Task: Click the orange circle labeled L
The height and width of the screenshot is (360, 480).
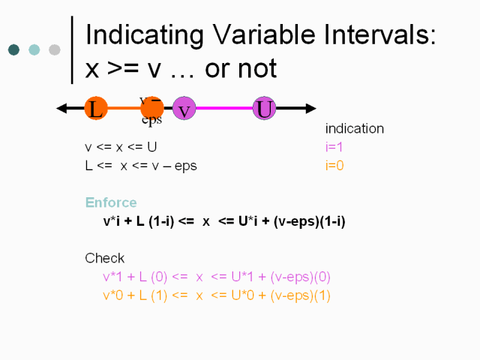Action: pyautogui.click(x=96, y=108)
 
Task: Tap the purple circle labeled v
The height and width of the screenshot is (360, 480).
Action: pyautogui.click(x=184, y=108)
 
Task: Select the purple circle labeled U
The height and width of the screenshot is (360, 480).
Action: pyautogui.click(x=264, y=108)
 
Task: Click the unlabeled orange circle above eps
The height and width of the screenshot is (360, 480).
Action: pyautogui.click(x=152, y=108)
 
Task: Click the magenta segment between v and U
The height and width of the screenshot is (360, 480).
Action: pyautogui.click(x=224, y=108)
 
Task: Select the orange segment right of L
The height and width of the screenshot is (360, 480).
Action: pyautogui.click(x=124, y=108)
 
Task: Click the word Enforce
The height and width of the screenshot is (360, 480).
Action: pyautogui.click(x=111, y=202)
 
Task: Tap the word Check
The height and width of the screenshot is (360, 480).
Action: pyautogui.click(x=105, y=258)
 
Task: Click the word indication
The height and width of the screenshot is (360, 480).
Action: pyautogui.click(x=355, y=128)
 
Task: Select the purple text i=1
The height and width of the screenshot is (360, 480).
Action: pyautogui.click(x=334, y=147)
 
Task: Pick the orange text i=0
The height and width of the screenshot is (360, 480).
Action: pyautogui.click(x=334, y=166)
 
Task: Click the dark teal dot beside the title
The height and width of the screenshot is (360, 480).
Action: pyautogui.click(x=13, y=50)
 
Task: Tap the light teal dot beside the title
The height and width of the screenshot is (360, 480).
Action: pyautogui.click(x=34, y=50)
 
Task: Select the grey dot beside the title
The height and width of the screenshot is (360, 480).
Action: pyautogui.click(x=55, y=50)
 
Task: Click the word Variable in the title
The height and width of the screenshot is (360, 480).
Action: pyautogui.click(x=264, y=34)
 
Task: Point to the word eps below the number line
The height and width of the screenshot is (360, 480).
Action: pyautogui.click(x=151, y=119)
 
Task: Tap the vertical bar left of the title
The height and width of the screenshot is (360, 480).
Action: pyautogui.click(x=72, y=50)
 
